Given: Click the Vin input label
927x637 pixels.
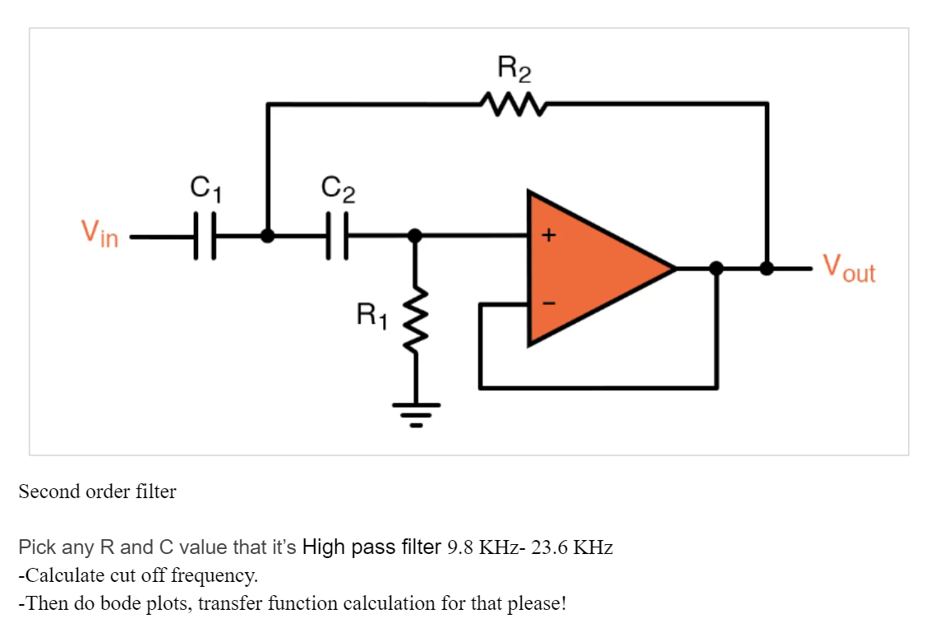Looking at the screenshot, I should click(99, 233).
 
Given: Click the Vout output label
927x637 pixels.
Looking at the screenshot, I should click(849, 267).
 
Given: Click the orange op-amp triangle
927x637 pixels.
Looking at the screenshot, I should click(592, 268).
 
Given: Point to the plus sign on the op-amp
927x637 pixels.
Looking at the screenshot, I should click(548, 236).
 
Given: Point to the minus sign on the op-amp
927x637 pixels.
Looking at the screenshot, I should click(548, 303).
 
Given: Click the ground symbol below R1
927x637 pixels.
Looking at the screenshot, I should click(416, 413).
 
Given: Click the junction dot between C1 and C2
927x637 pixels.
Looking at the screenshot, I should click(268, 236).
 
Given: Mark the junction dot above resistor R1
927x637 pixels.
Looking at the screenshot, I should click(416, 236).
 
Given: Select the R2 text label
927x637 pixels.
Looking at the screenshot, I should click(514, 69).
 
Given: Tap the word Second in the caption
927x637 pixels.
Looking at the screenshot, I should click(45, 492).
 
